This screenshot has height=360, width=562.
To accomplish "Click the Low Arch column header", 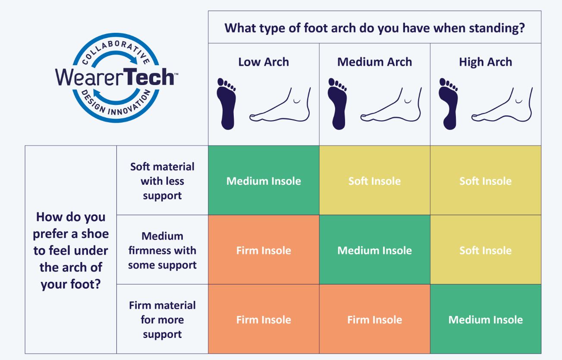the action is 264,62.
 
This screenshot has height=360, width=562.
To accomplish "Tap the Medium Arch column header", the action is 374,62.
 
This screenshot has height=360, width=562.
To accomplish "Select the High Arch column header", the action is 486,62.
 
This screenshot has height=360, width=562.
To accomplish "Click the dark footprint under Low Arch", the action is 226,104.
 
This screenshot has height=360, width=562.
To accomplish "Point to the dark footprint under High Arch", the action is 448,104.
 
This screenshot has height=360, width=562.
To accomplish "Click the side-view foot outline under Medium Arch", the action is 391,105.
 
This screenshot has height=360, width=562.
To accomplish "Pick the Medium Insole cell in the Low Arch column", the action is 264,180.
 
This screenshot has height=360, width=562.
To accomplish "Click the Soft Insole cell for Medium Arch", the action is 374,180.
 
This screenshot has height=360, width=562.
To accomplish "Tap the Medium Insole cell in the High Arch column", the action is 486,319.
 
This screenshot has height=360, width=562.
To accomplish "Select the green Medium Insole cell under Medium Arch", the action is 374,250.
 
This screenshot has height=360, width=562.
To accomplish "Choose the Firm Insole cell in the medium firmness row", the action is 264,250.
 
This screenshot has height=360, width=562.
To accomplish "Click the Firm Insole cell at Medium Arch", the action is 374,319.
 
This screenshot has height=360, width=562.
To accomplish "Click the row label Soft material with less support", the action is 162,181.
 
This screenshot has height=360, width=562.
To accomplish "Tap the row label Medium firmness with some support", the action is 162,250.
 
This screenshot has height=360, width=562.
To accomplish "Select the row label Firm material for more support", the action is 162,319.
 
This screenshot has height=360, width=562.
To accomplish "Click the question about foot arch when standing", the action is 374,28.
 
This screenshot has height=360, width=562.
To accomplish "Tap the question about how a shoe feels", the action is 71,250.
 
